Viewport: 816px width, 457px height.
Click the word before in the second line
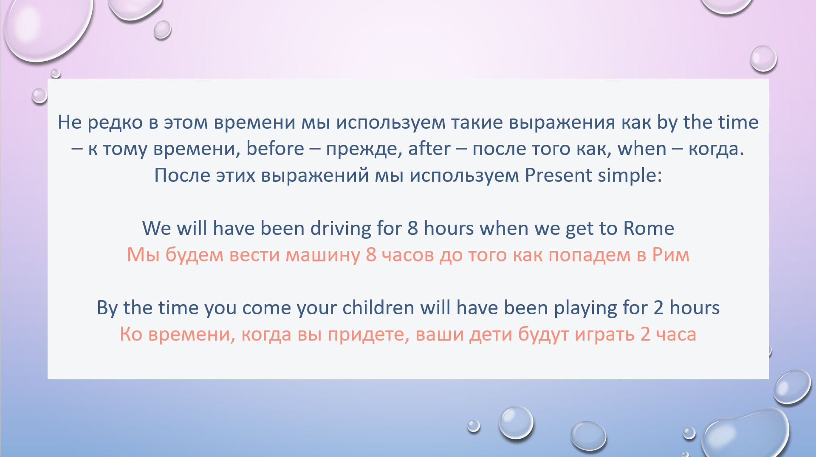275,149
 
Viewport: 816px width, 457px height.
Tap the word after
429,149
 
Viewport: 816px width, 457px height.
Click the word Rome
649,228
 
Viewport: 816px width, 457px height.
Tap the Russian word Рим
671,255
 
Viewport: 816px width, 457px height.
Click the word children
378,307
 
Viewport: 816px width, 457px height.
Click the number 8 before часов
371,254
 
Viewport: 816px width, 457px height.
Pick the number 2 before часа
645,334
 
